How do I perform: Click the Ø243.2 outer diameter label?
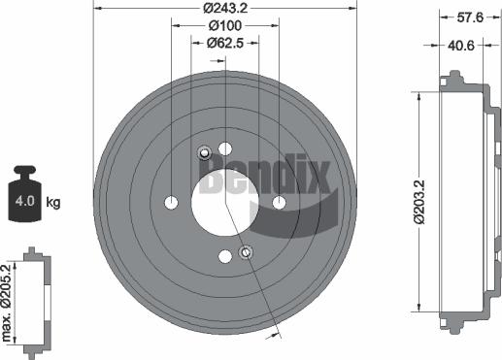pos(224,9)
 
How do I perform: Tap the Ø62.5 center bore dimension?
pos(224,43)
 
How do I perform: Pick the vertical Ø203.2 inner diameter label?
pos(418,201)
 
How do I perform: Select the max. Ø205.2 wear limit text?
pos(9,302)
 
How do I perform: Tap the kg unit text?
pos(53,203)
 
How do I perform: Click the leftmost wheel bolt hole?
pos(172,202)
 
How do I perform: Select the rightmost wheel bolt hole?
pos(279,202)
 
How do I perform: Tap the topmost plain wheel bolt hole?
pos(225,148)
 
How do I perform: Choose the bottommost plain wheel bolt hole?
pos(225,255)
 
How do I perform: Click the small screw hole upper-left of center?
pos(205,152)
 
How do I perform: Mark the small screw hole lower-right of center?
pos(246,252)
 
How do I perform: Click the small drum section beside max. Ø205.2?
pos(37,299)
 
